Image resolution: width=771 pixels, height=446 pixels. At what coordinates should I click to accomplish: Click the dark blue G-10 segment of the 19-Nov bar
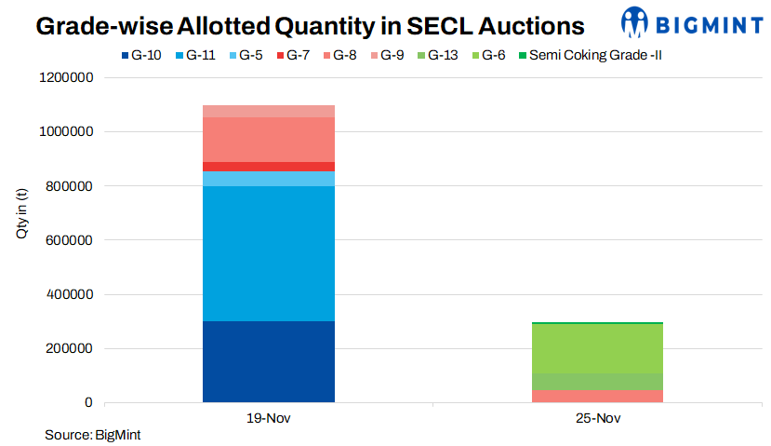pyautogui.click(x=268, y=361)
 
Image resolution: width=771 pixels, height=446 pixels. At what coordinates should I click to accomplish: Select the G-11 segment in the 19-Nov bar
pyautogui.click(x=268, y=253)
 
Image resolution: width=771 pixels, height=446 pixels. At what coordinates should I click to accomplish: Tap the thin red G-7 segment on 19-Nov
pyautogui.click(x=268, y=167)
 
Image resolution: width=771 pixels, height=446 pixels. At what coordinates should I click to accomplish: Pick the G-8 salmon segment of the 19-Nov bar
pyautogui.click(x=268, y=139)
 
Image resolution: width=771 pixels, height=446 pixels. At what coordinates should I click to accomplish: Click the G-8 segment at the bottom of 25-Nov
pyautogui.click(x=596, y=397)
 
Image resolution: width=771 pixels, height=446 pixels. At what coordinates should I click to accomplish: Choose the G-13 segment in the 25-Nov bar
pyautogui.click(x=596, y=382)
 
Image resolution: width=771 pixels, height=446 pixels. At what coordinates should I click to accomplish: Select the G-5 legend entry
pyautogui.click(x=244, y=56)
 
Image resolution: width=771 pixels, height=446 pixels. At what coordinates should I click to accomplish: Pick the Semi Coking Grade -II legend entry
pyautogui.click(x=596, y=56)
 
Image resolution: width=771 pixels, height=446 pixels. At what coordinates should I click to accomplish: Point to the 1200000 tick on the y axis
pyautogui.click(x=66, y=78)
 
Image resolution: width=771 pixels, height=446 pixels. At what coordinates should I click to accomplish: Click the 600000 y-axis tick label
pyautogui.click(x=70, y=241)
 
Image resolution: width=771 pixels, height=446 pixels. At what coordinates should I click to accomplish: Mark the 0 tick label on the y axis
pyautogui.click(x=88, y=403)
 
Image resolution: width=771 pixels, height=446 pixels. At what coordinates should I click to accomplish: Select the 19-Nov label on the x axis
pyautogui.click(x=268, y=419)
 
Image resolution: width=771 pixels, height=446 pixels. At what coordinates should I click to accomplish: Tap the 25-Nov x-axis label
pyautogui.click(x=596, y=419)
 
